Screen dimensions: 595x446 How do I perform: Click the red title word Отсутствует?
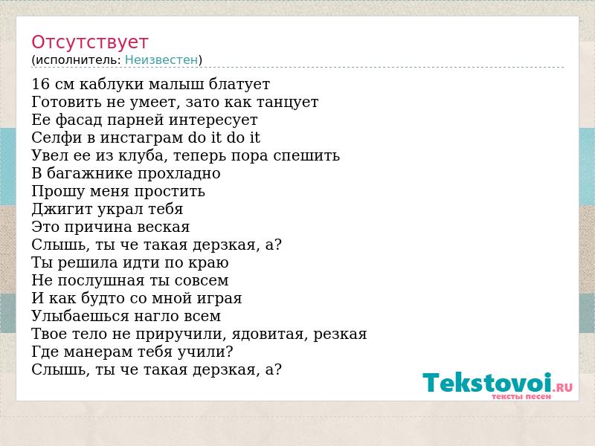pyautogui.click(x=89, y=42)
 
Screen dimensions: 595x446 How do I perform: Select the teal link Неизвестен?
pyautogui.click(x=161, y=59)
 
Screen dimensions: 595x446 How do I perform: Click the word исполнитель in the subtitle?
pyautogui.click(x=78, y=60)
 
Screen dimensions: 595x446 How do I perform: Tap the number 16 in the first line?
pyautogui.click(x=41, y=84)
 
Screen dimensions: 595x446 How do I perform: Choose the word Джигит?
pyautogui.click(x=62, y=209)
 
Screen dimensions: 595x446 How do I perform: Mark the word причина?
pyautogui.click(x=98, y=227)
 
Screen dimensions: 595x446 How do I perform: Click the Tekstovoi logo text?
pyautogui.click(x=487, y=382)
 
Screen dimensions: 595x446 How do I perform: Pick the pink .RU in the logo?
pyautogui.click(x=563, y=387)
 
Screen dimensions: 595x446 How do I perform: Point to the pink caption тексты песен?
pyautogui.click(x=521, y=397)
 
